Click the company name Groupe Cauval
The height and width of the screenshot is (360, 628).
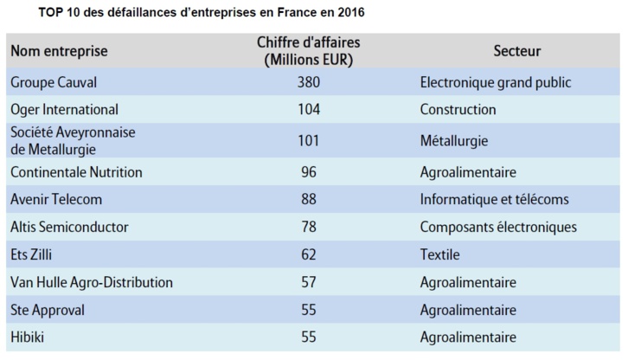click(x=54, y=83)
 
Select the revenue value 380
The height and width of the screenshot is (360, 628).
click(x=308, y=83)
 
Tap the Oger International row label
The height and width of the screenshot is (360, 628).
click(x=64, y=110)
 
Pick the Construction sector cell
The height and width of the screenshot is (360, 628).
click(x=458, y=110)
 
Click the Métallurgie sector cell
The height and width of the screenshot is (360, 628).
click(x=454, y=140)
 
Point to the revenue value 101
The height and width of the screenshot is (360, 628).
click(x=308, y=140)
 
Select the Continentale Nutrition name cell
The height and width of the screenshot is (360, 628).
click(x=76, y=171)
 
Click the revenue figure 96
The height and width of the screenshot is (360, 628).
click(x=308, y=171)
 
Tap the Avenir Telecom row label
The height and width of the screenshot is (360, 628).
click(x=56, y=199)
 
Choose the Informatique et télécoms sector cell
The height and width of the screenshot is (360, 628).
click(x=494, y=199)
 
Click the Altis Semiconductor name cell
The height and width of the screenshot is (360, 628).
click(x=69, y=227)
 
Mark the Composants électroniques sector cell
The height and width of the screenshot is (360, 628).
click(x=497, y=227)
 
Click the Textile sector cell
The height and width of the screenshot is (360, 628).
click(x=439, y=254)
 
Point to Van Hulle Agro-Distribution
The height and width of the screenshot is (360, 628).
click(x=92, y=282)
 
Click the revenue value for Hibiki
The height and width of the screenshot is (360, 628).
click(x=308, y=337)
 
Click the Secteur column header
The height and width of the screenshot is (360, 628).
click(x=517, y=51)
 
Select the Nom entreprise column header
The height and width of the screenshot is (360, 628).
click(x=59, y=51)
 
